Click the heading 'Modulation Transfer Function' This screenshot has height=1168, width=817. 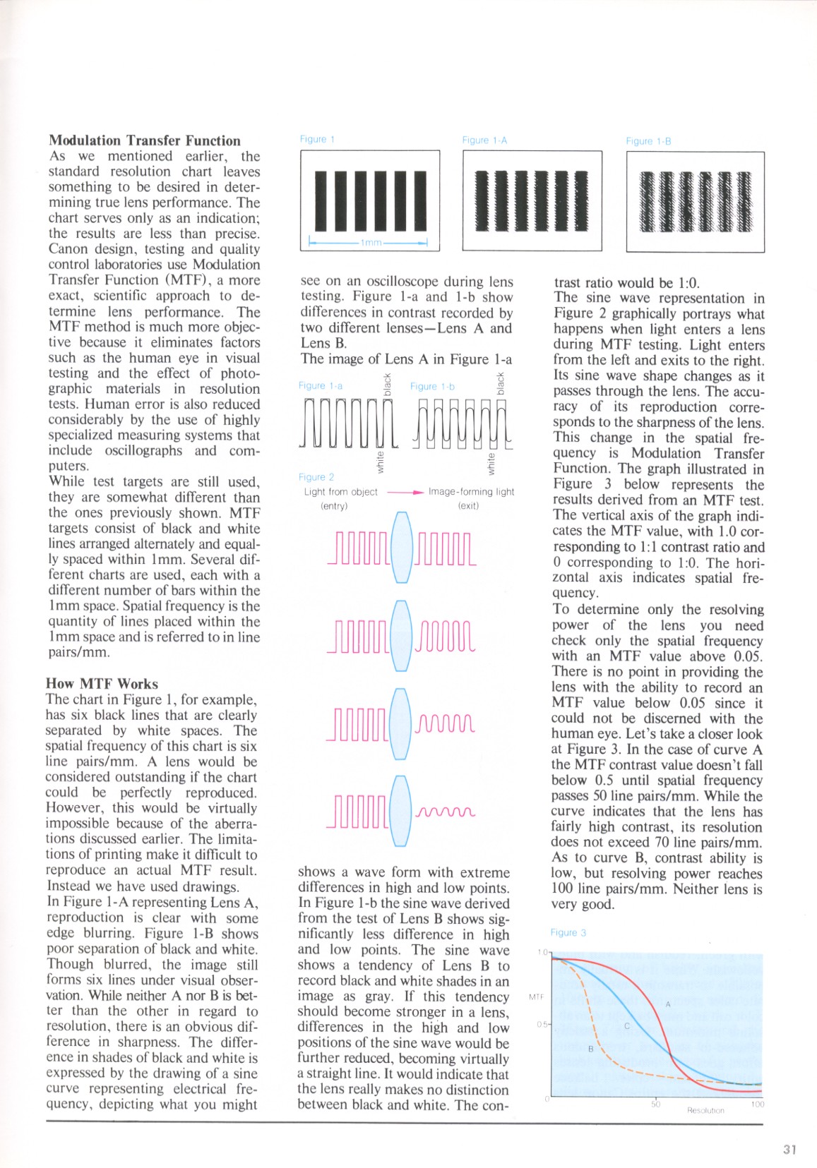pos(144,140)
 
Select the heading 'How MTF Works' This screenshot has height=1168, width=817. pos(102,683)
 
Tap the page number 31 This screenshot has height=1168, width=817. pos(789,1150)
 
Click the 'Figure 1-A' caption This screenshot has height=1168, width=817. pos(484,140)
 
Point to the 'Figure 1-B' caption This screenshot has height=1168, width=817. pos(648,141)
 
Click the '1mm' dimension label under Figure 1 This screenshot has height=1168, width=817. pos(371,243)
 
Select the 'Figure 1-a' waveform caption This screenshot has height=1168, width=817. pos(321,385)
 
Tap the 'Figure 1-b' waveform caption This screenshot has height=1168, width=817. pos(432,386)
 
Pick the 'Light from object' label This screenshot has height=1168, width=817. pos(341,492)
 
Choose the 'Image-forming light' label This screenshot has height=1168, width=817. pos(471,492)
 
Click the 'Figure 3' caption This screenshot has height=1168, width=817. pos(568,932)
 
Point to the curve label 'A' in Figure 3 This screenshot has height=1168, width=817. pos(667,1004)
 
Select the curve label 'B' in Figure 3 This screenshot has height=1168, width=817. pos(590,1049)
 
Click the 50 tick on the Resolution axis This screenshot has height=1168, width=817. pos(655,1104)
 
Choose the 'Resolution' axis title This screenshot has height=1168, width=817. pos(705,1111)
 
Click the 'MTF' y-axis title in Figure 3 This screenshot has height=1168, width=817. pos(536,997)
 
